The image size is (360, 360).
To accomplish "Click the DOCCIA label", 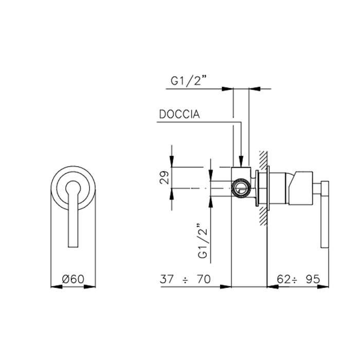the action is [179, 114].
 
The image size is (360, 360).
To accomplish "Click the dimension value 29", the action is [164, 177].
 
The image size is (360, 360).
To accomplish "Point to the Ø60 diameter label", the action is [73, 279].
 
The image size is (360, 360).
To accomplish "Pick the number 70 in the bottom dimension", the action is [204, 279].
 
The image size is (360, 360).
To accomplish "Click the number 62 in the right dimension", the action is [284, 279].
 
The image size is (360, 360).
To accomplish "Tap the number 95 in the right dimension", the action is [313, 279].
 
